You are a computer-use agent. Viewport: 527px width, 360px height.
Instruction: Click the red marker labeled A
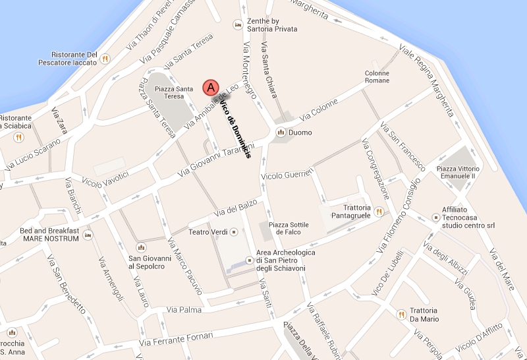coord(210,86)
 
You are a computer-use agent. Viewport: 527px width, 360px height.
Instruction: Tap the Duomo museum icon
coord(281,133)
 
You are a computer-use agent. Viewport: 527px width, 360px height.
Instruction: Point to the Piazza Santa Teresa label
coord(174,92)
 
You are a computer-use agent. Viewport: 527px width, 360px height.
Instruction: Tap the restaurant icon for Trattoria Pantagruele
coord(379,212)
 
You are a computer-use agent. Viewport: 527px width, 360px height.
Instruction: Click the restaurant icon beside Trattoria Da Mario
coord(400,315)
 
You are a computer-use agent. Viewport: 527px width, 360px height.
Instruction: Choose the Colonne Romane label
coord(377,77)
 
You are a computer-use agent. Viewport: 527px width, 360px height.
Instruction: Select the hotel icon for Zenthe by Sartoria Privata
coord(238,25)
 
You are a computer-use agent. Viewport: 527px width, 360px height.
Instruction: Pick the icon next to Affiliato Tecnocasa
coord(435,216)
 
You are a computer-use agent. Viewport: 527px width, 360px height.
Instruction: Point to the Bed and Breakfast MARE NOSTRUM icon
coord(88,235)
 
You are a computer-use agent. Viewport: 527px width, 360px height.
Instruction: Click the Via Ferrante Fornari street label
coord(177,339)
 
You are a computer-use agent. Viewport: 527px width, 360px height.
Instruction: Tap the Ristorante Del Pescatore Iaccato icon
coord(105,59)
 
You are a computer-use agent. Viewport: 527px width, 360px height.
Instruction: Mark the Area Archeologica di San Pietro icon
coord(249,260)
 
